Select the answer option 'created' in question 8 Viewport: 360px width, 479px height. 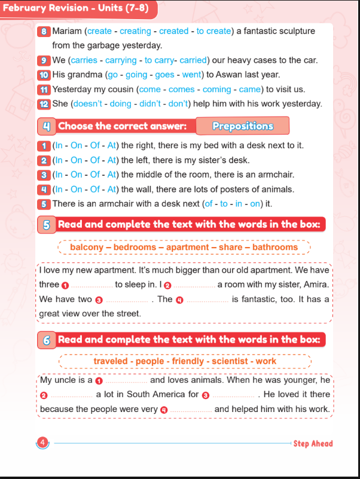pos(174,31)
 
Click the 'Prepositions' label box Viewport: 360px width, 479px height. pos(243,126)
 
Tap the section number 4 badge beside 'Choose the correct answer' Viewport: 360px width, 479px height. pos(46,126)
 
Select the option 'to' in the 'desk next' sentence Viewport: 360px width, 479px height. pos(224,204)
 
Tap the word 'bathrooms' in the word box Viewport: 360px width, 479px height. pos(274,247)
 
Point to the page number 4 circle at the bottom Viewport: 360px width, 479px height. pos(43,443)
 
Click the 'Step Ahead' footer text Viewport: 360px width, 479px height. pos(313,444)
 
